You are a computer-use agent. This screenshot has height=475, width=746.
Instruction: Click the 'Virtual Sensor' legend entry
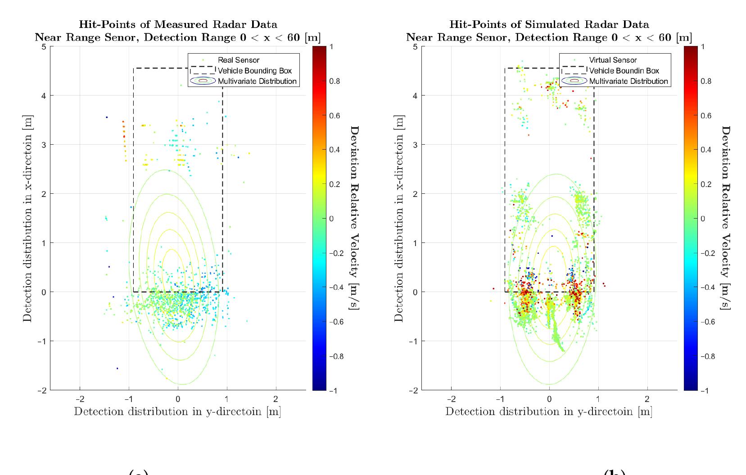pos(613,60)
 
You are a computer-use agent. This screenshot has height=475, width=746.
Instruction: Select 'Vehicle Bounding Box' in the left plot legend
pos(254,71)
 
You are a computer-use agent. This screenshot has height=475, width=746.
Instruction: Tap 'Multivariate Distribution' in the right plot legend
pos(628,82)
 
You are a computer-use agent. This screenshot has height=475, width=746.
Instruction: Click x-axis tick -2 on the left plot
pos(80,399)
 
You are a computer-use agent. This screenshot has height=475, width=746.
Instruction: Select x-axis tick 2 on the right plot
pos(647,399)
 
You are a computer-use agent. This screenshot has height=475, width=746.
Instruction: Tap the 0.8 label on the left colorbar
pos(335,81)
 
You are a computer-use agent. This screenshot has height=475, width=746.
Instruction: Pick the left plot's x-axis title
pos(177,411)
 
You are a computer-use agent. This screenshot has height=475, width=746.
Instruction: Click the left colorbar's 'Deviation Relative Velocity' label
pos(355,218)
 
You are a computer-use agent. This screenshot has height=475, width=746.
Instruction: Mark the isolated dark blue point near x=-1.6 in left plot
pos(117,368)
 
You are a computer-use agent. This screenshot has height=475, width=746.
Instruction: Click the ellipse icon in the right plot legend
pos(574,81)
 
